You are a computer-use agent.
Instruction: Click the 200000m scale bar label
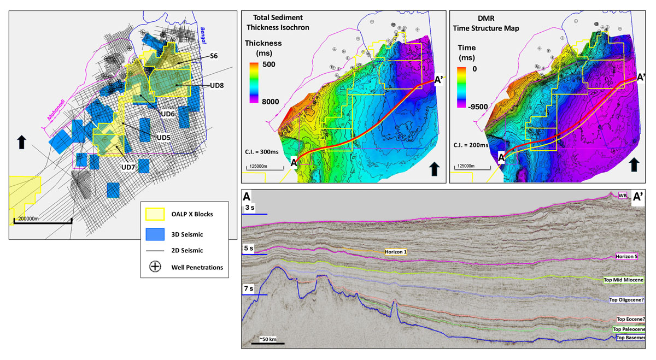tap(28, 218)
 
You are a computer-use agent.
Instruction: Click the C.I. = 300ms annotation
tap(265, 147)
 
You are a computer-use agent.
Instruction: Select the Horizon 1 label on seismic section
tap(393, 252)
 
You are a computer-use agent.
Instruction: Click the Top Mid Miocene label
tap(623, 280)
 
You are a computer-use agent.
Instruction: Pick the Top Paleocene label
tap(629, 329)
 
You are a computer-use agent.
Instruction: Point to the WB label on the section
tap(622, 196)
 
